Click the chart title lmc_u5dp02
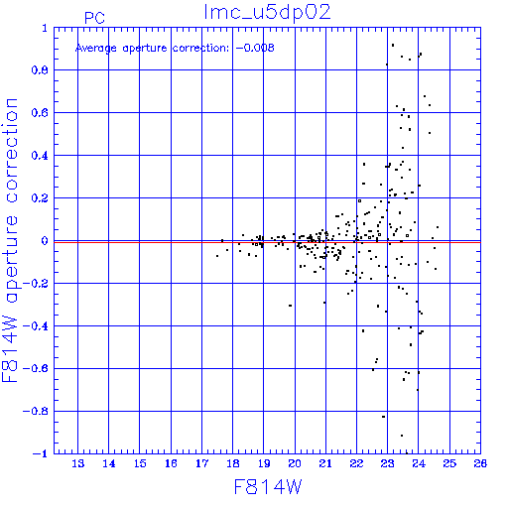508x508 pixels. pos(267,12)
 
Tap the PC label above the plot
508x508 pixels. pos(94,18)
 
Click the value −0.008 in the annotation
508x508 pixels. pos(255,48)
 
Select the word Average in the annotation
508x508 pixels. pos(96,49)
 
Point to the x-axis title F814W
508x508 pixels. pos(268,486)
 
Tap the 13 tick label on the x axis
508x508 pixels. pos(78,463)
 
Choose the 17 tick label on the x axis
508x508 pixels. pos(201,463)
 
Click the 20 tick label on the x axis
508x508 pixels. pos(295,463)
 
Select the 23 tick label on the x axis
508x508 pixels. pos(388,463)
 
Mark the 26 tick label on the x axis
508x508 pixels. pos(480,463)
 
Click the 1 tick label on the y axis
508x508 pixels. pos(45,28)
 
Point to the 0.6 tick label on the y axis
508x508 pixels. pos(40,113)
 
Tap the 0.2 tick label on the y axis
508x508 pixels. pos(40,198)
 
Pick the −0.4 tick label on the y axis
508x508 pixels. pos(36,326)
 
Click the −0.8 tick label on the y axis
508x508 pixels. pos(36,412)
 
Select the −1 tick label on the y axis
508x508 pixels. pos(40,453)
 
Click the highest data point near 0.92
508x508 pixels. pos(393,45)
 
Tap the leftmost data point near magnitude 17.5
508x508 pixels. pos(217,256)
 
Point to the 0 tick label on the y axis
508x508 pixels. pos(45,241)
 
